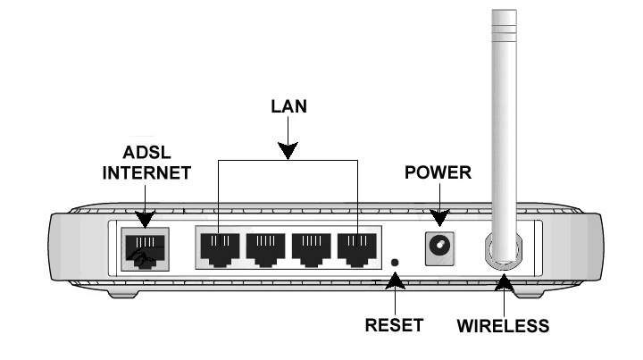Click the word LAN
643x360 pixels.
point(288,106)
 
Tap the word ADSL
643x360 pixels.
point(146,155)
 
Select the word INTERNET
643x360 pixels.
point(146,174)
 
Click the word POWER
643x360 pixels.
point(438,172)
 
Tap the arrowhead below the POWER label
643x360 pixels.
point(438,217)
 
